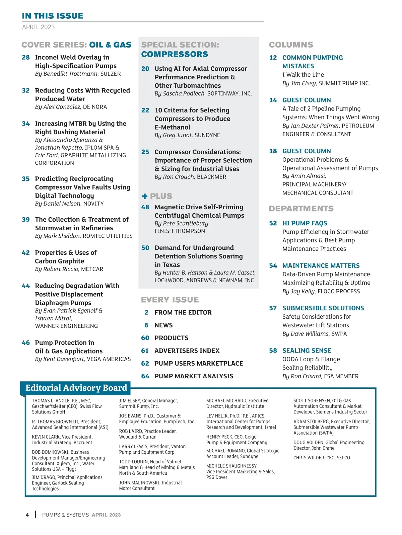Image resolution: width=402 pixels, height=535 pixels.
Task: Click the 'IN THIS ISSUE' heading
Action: click(x=53, y=16)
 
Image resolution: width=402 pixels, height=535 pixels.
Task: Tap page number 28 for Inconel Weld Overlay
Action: click(x=26, y=57)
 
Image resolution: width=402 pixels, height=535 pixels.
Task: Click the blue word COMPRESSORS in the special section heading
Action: click(x=175, y=54)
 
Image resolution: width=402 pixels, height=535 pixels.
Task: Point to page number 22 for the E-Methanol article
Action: click(x=145, y=110)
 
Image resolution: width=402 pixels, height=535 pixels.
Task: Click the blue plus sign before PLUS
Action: click(x=145, y=196)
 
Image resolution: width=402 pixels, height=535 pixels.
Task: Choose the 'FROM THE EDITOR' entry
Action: click(x=183, y=312)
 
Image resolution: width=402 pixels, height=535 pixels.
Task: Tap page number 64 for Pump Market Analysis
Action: click(x=145, y=376)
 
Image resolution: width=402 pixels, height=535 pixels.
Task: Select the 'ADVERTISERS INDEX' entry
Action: click(x=187, y=351)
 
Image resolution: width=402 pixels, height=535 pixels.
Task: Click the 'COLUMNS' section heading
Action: click(x=291, y=45)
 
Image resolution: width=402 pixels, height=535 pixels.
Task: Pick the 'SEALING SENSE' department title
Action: click(x=307, y=351)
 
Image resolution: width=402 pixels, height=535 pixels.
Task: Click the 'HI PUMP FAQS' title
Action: click(x=305, y=223)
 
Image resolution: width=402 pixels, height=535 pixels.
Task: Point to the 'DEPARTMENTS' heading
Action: click(x=301, y=209)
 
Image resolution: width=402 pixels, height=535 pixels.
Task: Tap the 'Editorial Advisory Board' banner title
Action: click(x=76, y=388)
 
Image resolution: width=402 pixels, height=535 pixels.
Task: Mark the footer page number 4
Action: click(x=27, y=515)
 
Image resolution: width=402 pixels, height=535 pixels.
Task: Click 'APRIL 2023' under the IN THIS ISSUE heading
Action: click(x=38, y=27)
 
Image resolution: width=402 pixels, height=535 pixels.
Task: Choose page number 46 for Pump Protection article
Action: click(x=26, y=342)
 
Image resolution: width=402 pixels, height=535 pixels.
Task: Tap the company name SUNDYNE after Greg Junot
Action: click(x=207, y=135)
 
